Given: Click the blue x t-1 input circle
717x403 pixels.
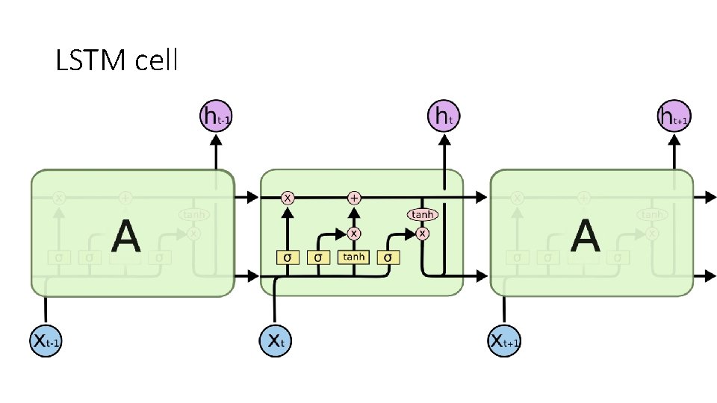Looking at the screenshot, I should point(46,342).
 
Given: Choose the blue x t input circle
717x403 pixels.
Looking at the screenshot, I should point(276,342).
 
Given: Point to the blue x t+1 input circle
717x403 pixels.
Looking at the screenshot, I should point(505,342).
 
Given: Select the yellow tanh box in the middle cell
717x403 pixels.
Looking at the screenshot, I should point(353,257).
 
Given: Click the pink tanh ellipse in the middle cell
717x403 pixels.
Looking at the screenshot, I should point(422,215).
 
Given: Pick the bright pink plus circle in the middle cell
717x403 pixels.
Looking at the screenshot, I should point(354,198).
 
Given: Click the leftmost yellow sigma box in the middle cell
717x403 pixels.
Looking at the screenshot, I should point(288,257).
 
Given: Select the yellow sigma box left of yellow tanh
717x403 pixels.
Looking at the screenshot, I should point(319,257).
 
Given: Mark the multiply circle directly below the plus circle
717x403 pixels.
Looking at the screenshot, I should point(354,233).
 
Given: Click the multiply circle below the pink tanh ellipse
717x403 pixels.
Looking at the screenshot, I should point(423,233).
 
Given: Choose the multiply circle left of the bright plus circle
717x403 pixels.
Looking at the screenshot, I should point(288,198).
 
